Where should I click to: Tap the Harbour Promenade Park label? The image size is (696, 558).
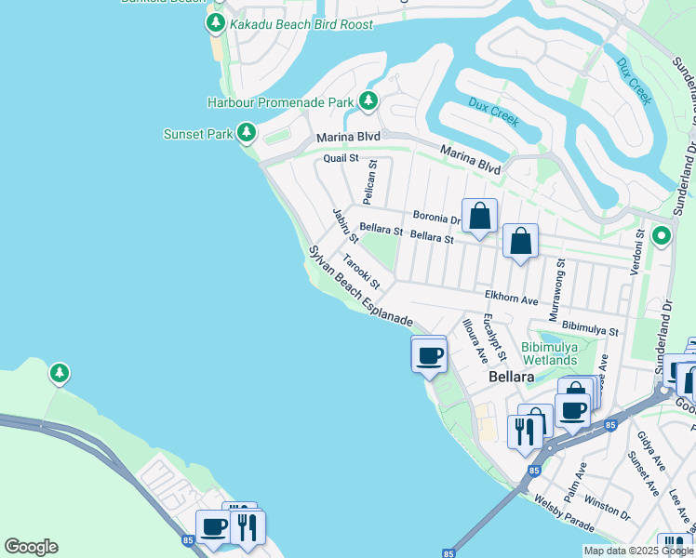280,101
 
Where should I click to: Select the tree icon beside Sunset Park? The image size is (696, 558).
247,134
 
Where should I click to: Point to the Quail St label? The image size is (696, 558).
341,158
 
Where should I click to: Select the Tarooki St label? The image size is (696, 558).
362,272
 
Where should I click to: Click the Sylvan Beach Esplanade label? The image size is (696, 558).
360,286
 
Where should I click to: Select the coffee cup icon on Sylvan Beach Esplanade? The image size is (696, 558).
429,355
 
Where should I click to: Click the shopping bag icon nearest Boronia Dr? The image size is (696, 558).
479,218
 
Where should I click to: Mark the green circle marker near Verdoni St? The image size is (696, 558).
662,236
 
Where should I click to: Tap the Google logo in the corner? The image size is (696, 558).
31,547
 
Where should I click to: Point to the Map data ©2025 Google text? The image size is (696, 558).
638,551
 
